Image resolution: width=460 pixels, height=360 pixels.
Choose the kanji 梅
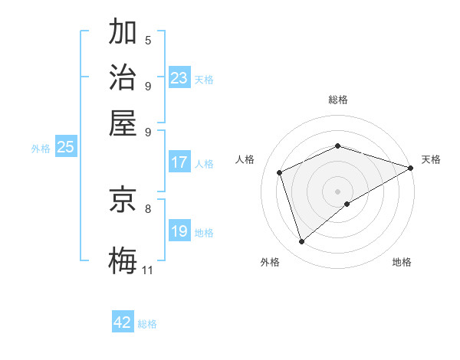click(x=123, y=260)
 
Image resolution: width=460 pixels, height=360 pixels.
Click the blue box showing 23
click(x=179, y=78)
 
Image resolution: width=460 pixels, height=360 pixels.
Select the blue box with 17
click(x=179, y=162)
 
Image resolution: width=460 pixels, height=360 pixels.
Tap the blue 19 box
click(x=179, y=231)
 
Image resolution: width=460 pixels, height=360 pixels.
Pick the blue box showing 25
click(x=65, y=148)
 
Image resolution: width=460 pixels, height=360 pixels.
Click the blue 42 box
click(x=123, y=322)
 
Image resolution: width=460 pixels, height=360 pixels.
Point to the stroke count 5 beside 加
click(x=148, y=41)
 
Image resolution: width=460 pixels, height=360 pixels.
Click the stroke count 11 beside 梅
click(x=148, y=270)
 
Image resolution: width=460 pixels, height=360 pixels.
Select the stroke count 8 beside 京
click(x=148, y=208)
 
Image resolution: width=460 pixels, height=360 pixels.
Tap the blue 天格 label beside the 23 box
click(x=204, y=80)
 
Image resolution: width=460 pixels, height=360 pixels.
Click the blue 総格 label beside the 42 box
click(x=147, y=324)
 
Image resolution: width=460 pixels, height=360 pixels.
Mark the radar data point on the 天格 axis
click(x=411, y=169)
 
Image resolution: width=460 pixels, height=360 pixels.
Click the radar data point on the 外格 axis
click(x=301, y=242)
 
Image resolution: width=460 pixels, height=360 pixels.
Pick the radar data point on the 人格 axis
click(x=280, y=172)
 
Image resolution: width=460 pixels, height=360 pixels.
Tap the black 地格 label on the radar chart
click(x=402, y=263)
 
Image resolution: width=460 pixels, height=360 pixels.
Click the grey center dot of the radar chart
click(x=337, y=191)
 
